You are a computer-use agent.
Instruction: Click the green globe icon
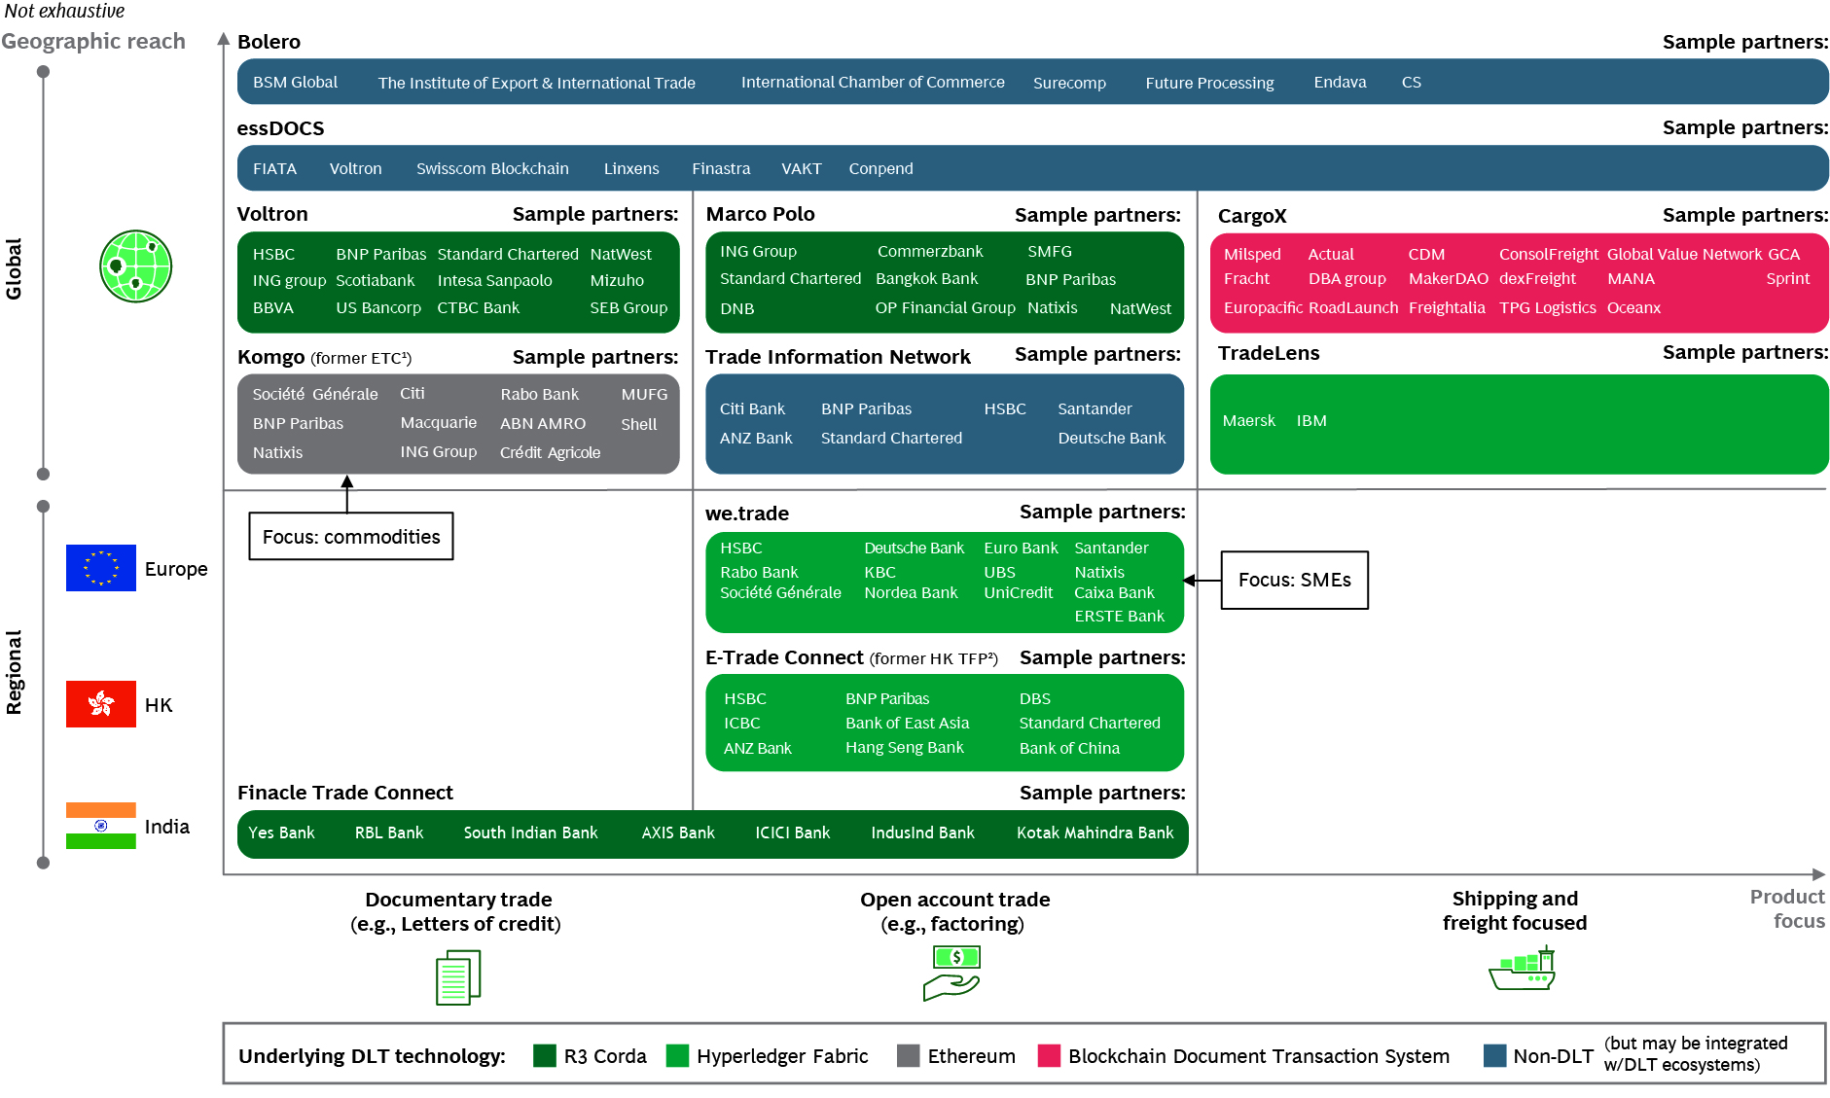pos(135,266)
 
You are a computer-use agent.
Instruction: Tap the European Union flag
pos(101,568)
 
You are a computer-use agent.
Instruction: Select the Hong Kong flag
pos(101,704)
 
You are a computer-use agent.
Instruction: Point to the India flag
pos(101,826)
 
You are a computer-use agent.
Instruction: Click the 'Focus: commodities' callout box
pos(351,537)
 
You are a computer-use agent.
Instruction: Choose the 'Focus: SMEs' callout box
pos(1294,581)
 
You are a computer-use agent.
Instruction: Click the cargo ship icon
pos(1523,970)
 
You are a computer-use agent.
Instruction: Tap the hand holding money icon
pos(952,974)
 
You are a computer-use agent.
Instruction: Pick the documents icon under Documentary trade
pos(458,977)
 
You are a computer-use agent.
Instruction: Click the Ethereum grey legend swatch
pos(908,1056)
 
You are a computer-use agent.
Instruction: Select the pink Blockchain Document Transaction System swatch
pos(1049,1056)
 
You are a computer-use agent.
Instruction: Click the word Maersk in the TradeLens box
pos(1248,421)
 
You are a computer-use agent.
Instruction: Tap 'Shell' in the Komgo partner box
pos(639,425)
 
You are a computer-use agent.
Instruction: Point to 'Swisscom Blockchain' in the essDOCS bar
pos(492,169)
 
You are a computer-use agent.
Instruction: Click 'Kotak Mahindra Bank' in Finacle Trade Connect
pos(1094,833)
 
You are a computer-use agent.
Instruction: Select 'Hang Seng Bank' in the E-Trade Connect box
pos(904,748)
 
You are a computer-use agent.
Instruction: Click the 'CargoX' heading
pos(1252,216)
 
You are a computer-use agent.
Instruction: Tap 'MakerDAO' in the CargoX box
pos(1448,279)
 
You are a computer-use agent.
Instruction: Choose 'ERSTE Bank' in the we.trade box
pos(1119,617)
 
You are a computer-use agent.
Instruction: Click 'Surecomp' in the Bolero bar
pos(1069,84)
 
